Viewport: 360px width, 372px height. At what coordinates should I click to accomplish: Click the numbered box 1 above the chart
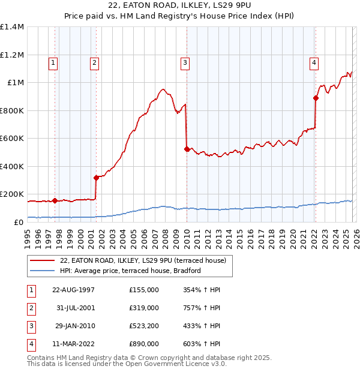pyautogui.click(x=53, y=61)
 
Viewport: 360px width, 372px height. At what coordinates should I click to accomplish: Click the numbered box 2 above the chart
pyautogui.click(x=95, y=61)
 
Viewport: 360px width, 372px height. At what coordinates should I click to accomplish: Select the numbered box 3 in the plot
pyautogui.click(x=185, y=61)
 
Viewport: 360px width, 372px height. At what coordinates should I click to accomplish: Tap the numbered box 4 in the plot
pyautogui.click(x=314, y=61)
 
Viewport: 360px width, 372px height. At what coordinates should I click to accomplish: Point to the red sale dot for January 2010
pyautogui.click(x=187, y=149)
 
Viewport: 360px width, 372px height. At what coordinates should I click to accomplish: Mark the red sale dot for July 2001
pyautogui.click(x=96, y=178)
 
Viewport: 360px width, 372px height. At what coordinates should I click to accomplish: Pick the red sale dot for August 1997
pyautogui.click(x=55, y=200)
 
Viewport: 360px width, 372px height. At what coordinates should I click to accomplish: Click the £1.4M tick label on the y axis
pyautogui.click(x=12, y=27)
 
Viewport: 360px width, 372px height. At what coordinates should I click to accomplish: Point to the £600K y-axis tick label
pyautogui.click(x=12, y=139)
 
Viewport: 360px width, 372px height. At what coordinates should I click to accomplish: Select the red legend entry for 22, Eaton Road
pyautogui.click(x=143, y=260)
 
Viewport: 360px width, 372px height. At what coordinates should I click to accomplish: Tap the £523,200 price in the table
pyautogui.click(x=144, y=326)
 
